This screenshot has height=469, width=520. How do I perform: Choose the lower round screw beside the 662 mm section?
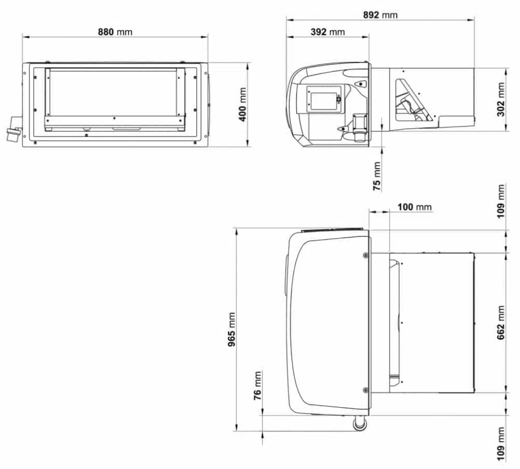365,389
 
